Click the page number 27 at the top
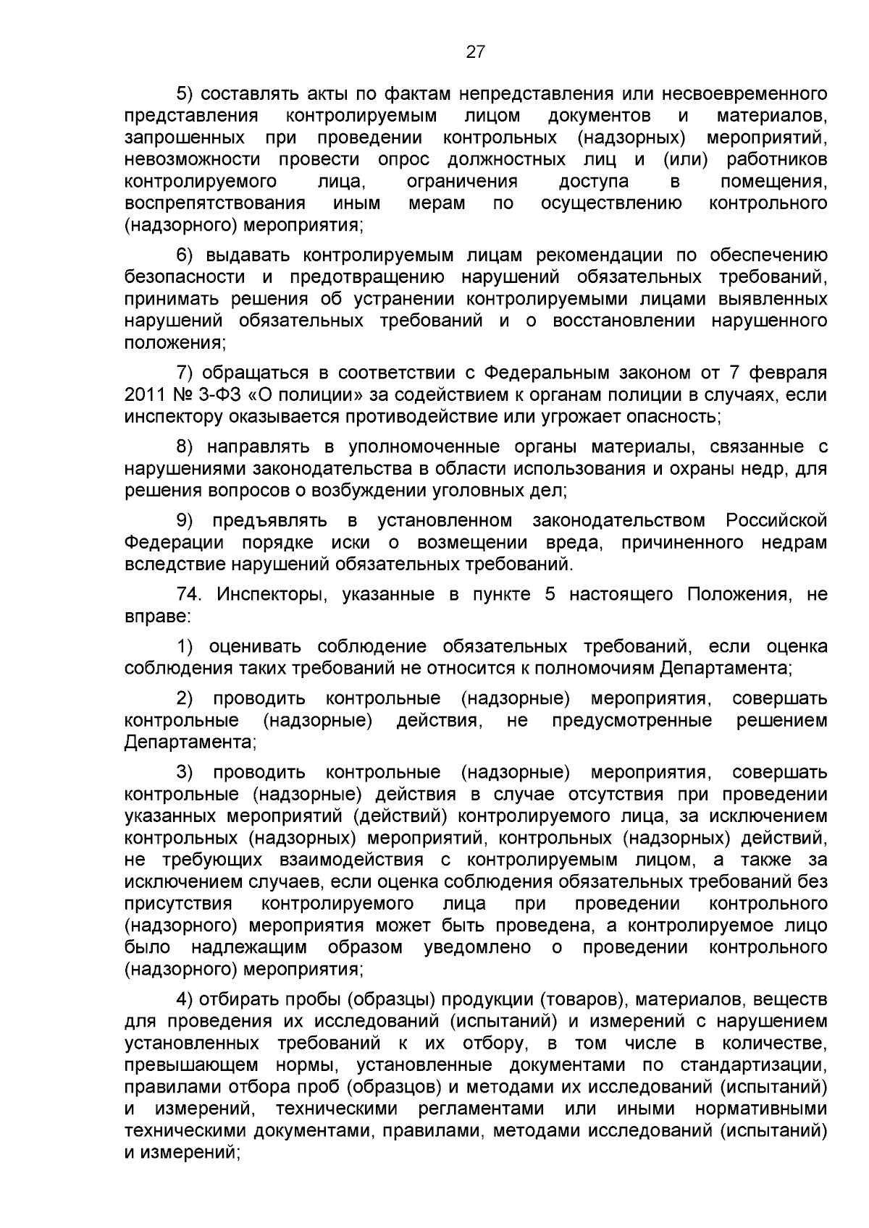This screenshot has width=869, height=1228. pyautogui.click(x=475, y=51)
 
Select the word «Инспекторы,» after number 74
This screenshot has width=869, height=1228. pyautogui.click(x=272, y=595)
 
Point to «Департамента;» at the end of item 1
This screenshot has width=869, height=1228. pyautogui.click(x=726, y=668)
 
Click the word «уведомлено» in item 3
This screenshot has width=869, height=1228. pyautogui.click(x=477, y=948)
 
